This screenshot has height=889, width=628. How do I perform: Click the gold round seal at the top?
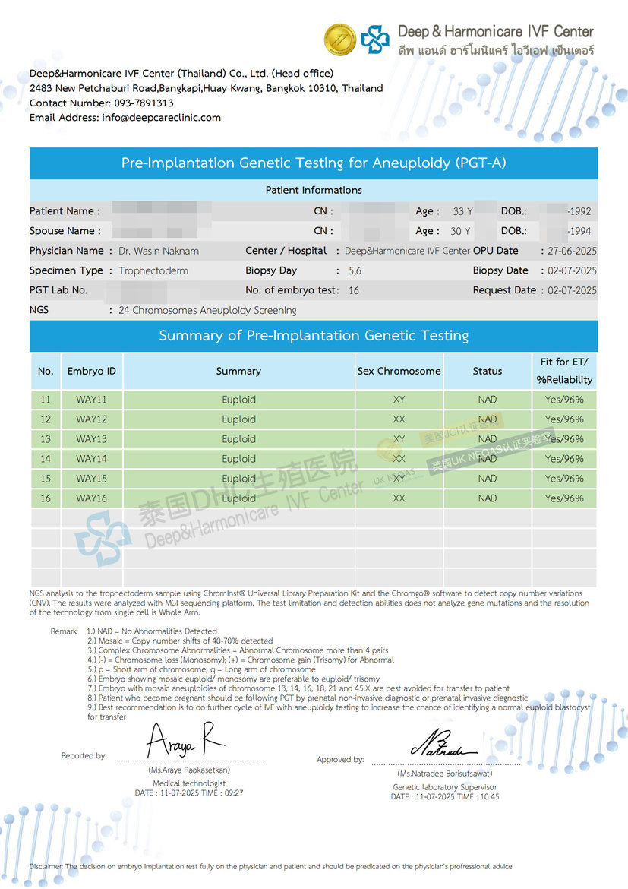point(340,39)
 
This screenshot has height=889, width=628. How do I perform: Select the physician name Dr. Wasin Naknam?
point(159,251)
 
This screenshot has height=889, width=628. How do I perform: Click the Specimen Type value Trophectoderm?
point(153,270)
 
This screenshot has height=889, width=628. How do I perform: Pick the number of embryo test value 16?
point(354,290)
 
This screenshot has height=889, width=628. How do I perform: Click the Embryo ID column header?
point(92,372)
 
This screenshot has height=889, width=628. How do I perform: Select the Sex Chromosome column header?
point(399,372)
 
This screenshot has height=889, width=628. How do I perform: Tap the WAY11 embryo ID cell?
point(92,400)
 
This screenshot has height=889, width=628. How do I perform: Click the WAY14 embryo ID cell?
point(92,459)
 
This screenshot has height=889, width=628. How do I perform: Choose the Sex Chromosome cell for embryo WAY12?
point(399,419)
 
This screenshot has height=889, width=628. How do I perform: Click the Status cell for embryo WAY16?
point(488,498)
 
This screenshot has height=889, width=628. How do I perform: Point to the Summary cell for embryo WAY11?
point(238,400)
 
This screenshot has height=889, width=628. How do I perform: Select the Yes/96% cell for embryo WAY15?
point(564,479)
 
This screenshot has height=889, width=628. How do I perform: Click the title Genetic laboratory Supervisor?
point(444,787)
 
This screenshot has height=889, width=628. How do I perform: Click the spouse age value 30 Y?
point(461,231)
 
